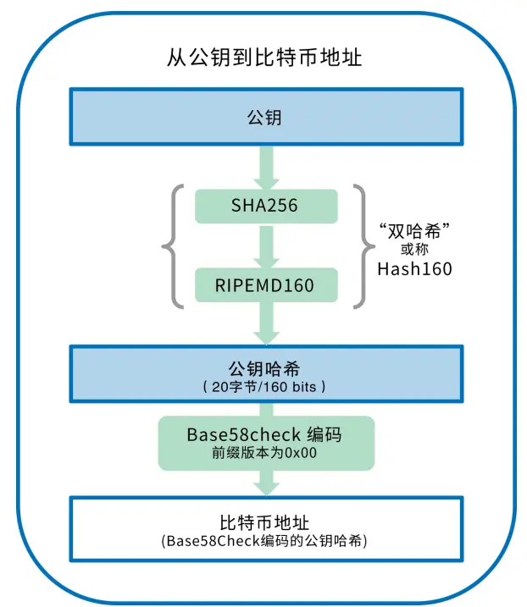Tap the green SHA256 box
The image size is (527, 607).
tap(265, 205)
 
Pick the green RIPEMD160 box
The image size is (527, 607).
tap(265, 285)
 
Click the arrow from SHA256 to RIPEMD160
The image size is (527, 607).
tap(266, 246)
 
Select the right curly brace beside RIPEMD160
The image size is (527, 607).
tap(363, 246)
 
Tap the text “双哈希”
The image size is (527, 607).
tap(414, 229)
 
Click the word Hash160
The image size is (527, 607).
tap(414, 270)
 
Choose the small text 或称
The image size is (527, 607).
tap(414, 250)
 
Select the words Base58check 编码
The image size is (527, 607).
tap(265, 433)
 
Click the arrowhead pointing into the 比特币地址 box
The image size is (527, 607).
tap(266, 488)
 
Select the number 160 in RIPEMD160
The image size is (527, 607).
tap(297, 285)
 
